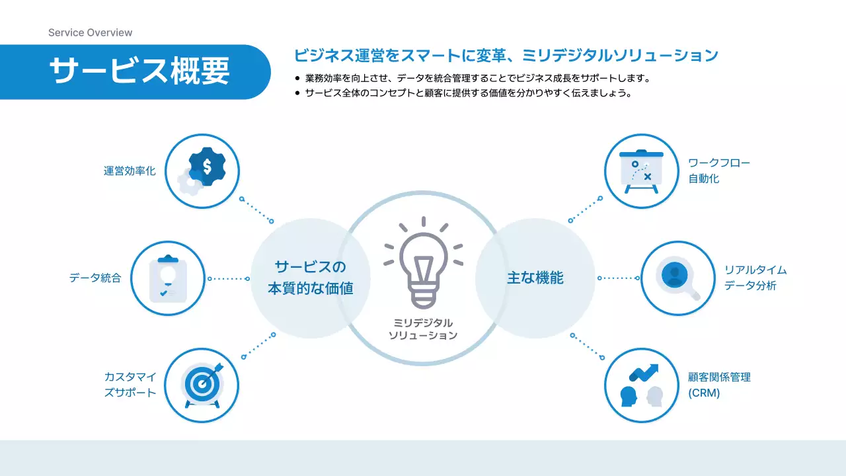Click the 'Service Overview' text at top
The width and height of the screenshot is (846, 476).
pos(90,32)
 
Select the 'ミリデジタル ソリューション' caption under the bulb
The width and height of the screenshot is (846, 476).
pos(423,329)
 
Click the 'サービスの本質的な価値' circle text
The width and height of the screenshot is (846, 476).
pos(310,278)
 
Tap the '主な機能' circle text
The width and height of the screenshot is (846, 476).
pos(535,278)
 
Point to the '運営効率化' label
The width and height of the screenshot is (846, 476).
pos(130,171)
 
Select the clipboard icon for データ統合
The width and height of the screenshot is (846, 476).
pos(168,278)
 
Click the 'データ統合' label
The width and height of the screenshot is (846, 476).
pos(95,278)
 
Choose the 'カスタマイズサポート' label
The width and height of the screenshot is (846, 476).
pos(130,385)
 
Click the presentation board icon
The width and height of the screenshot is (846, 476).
pos(641,171)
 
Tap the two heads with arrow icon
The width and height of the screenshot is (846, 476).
pos(641,385)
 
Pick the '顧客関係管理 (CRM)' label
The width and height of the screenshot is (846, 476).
pos(719,385)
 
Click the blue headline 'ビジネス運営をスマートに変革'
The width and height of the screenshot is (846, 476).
pos(506,56)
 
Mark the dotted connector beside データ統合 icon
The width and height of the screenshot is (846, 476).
pos(229,278)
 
